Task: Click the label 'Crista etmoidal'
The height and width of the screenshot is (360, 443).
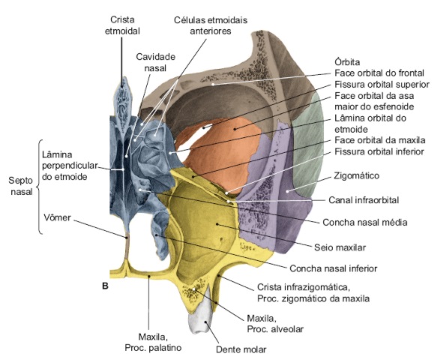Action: pyautogui.click(x=122, y=25)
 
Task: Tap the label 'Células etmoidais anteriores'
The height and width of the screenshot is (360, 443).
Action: pyautogui.click(x=211, y=25)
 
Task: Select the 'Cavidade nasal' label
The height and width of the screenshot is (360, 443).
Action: pyautogui.click(x=155, y=62)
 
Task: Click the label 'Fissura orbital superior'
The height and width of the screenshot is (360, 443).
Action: pyautogui.click(x=382, y=85)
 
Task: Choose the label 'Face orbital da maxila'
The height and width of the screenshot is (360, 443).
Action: pyautogui.click(x=380, y=140)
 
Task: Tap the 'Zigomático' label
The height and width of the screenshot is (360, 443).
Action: pyautogui.click(x=357, y=175)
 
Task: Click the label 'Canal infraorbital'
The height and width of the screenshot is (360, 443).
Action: pyautogui.click(x=364, y=200)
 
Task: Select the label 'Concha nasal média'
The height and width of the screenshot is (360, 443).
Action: pyautogui.click(x=365, y=223)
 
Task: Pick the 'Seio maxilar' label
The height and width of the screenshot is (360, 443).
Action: pyautogui.click(x=340, y=247)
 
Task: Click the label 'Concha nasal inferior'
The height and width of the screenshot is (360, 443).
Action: pyautogui.click(x=333, y=268)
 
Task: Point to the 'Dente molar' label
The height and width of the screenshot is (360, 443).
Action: pyautogui.click(x=241, y=349)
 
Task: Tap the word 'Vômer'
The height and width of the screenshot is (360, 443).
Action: pyautogui.click(x=57, y=217)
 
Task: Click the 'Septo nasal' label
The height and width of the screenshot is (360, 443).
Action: pyautogui.click(x=21, y=186)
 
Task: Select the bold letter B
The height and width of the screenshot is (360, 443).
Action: pyautogui.click(x=105, y=286)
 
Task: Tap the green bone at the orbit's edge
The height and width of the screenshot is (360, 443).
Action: pyautogui.click(x=308, y=147)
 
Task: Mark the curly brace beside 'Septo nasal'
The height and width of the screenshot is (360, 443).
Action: pyautogui.click(x=40, y=187)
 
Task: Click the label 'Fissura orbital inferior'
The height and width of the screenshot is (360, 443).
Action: pyautogui.click(x=379, y=151)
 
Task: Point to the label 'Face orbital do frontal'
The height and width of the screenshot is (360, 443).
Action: pyautogui.click(x=379, y=73)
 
